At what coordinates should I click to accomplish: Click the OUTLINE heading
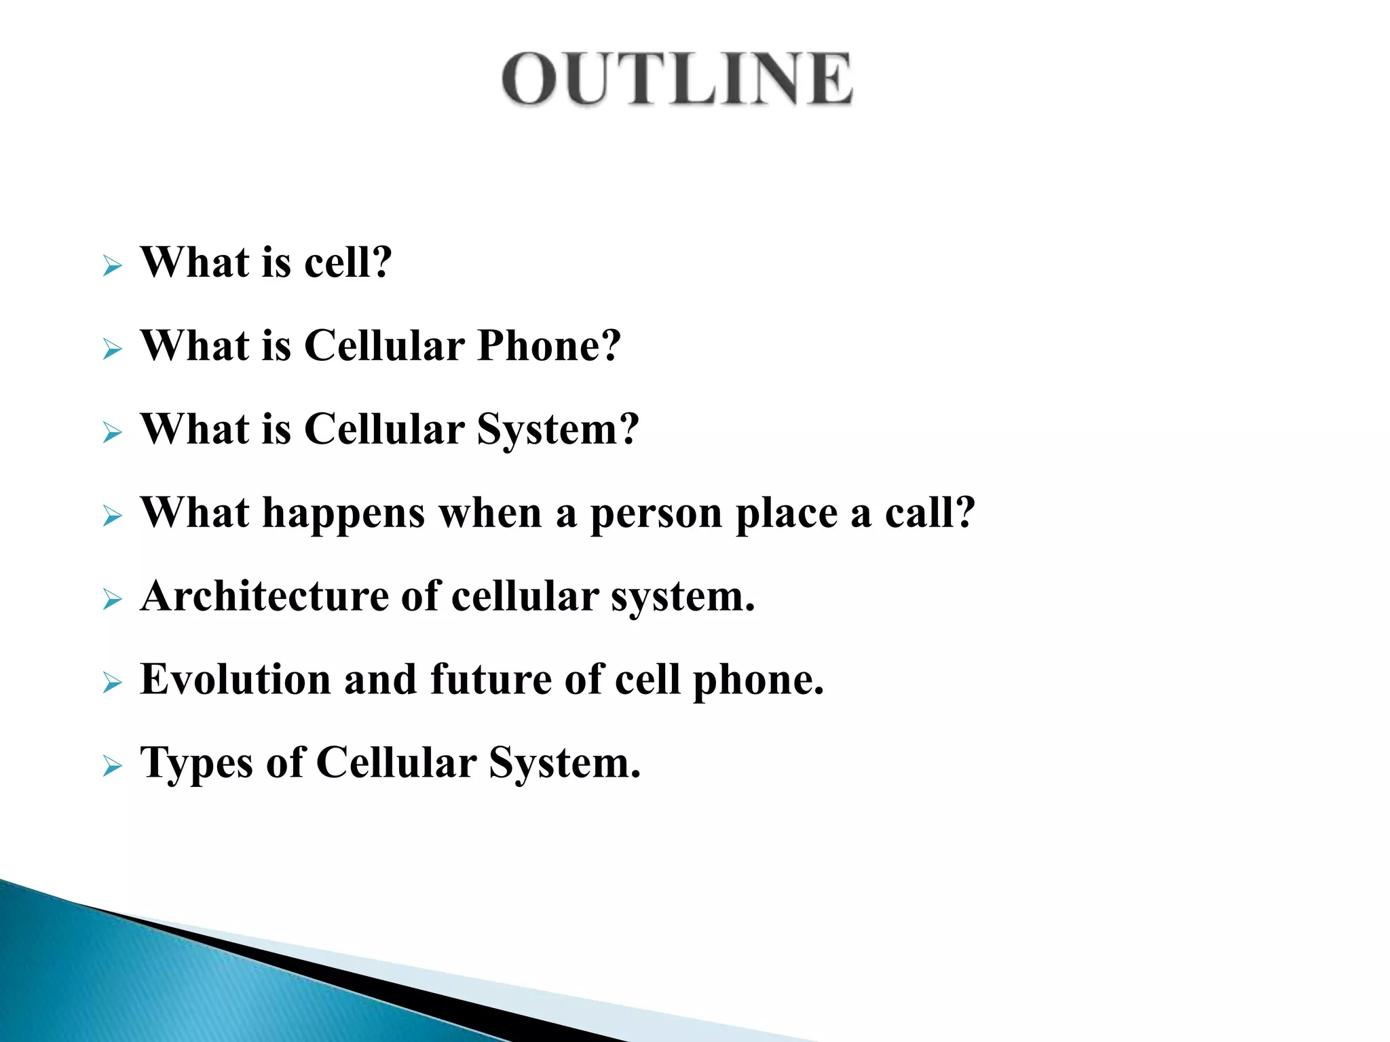click(677, 79)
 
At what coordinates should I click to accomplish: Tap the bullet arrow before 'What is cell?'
click(112, 266)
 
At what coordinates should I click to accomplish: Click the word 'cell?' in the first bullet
click(347, 263)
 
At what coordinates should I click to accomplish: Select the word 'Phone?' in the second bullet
click(548, 346)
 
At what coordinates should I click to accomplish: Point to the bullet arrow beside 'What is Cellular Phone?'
click(112, 350)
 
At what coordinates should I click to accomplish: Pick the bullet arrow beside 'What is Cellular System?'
click(112, 433)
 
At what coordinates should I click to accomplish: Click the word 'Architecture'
click(263, 597)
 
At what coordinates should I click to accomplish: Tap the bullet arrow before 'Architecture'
click(112, 600)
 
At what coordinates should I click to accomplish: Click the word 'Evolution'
click(235, 680)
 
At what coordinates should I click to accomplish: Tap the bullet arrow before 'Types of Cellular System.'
click(112, 767)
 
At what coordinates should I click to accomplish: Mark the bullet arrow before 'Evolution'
click(112, 683)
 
